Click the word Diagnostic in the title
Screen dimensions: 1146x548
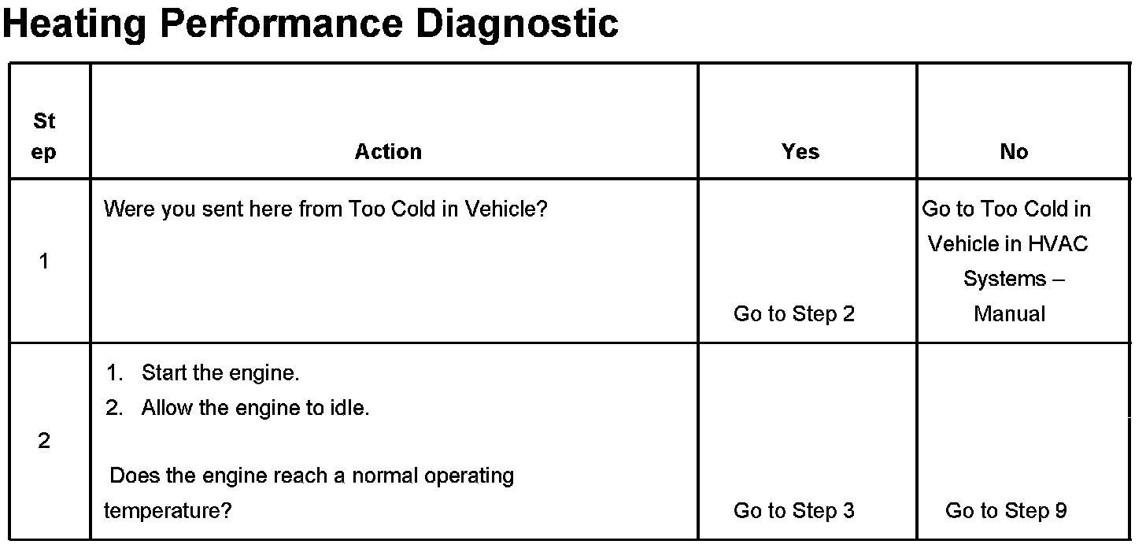pyautogui.click(x=517, y=23)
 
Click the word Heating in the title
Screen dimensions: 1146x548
pyautogui.click(x=75, y=23)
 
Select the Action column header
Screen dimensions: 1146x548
pyautogui.click(x=388, y=151)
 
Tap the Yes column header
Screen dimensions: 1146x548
pyautogui.click(x=800, y=151)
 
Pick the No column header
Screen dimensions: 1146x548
pyautogui.click(x=1014, y=151)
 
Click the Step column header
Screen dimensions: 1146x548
pyautogui.click(x=44, y=136)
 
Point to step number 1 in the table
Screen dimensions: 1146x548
pyautogui.click(x=44, y=261)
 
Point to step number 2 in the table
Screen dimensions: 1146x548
pyautogui.click(x=44, y=441)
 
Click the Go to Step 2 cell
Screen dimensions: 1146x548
pyautogui.click(x=793, y=313)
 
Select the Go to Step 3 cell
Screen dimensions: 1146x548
pyautogui.click(x=793, y=510)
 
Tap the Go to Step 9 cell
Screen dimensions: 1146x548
pyautogui.click(x=1006, y=510)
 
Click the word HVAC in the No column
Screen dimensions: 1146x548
pyautogui.click(x=1057, y=244)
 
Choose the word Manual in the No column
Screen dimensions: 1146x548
pyautogui.click(x=1009, y=313)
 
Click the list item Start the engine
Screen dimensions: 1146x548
pyautogui.click(x=220, y=372)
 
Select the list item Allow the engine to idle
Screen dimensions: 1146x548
pyautogui.click(x=255, y=408)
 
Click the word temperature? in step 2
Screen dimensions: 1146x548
pyautogui.click(x=167, y=510)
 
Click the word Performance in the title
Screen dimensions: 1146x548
pyautogui.click(x=281, y=23)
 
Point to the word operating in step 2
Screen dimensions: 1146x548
pyautogui.click(x=468, y=476)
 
